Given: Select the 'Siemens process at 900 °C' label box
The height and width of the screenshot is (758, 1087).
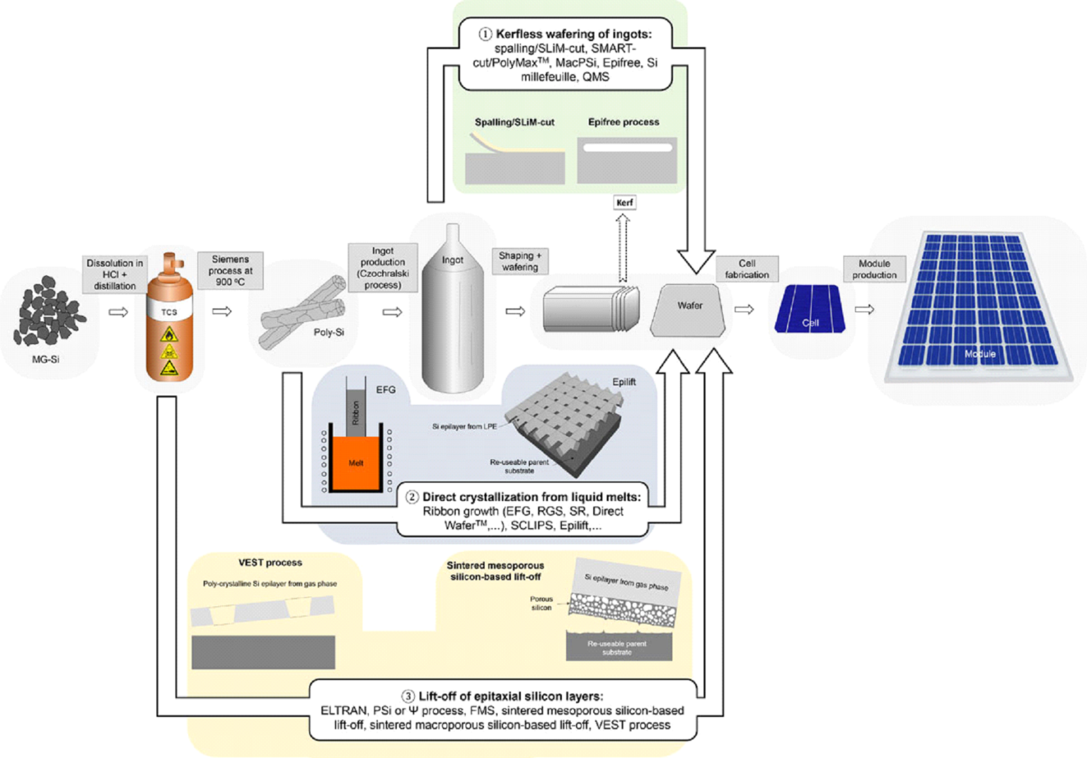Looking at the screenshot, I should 230,270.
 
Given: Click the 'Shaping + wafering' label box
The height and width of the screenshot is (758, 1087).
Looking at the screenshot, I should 520,261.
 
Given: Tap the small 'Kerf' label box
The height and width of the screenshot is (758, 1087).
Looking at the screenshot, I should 624,202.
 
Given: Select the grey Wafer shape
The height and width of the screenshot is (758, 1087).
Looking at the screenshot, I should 689,310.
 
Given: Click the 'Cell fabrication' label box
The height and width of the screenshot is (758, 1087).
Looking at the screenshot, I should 747,269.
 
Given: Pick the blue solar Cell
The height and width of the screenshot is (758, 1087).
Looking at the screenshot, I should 810,309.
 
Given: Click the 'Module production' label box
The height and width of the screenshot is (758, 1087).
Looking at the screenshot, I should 874,269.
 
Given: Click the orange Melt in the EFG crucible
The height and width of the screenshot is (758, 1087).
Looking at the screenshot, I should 355,464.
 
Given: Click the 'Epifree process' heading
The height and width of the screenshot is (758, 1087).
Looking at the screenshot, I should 623,122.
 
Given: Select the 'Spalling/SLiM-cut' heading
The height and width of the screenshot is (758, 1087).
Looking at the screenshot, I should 514,122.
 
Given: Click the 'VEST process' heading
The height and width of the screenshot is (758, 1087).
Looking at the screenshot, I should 270,563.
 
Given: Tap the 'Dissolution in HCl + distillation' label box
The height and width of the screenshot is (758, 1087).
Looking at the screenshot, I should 115,274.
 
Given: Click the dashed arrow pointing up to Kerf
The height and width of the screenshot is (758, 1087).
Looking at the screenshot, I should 623,248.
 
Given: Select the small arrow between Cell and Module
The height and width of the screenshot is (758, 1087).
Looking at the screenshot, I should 864,309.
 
